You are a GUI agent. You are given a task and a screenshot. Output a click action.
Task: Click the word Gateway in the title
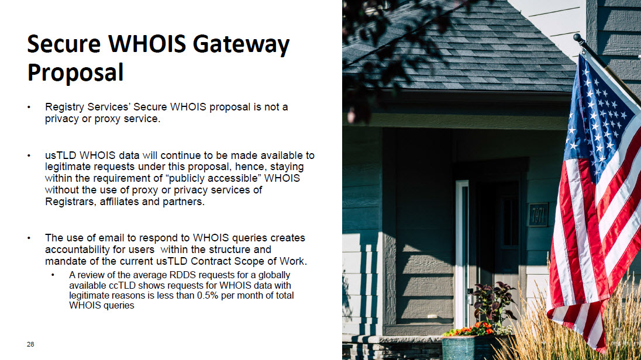tap(241, 45)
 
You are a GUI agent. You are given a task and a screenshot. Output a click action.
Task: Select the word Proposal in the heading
tap(75, 73)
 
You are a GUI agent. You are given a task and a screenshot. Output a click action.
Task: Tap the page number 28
tap(30, 344)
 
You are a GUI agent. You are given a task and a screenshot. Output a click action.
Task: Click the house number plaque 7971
tap(538, 215)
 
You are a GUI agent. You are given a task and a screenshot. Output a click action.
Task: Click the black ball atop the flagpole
tap(577, 38)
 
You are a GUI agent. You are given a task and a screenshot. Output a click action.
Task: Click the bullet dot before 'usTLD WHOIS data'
tap(29, 155)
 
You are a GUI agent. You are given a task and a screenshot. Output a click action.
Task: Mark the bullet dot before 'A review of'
tap(53, 275)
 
